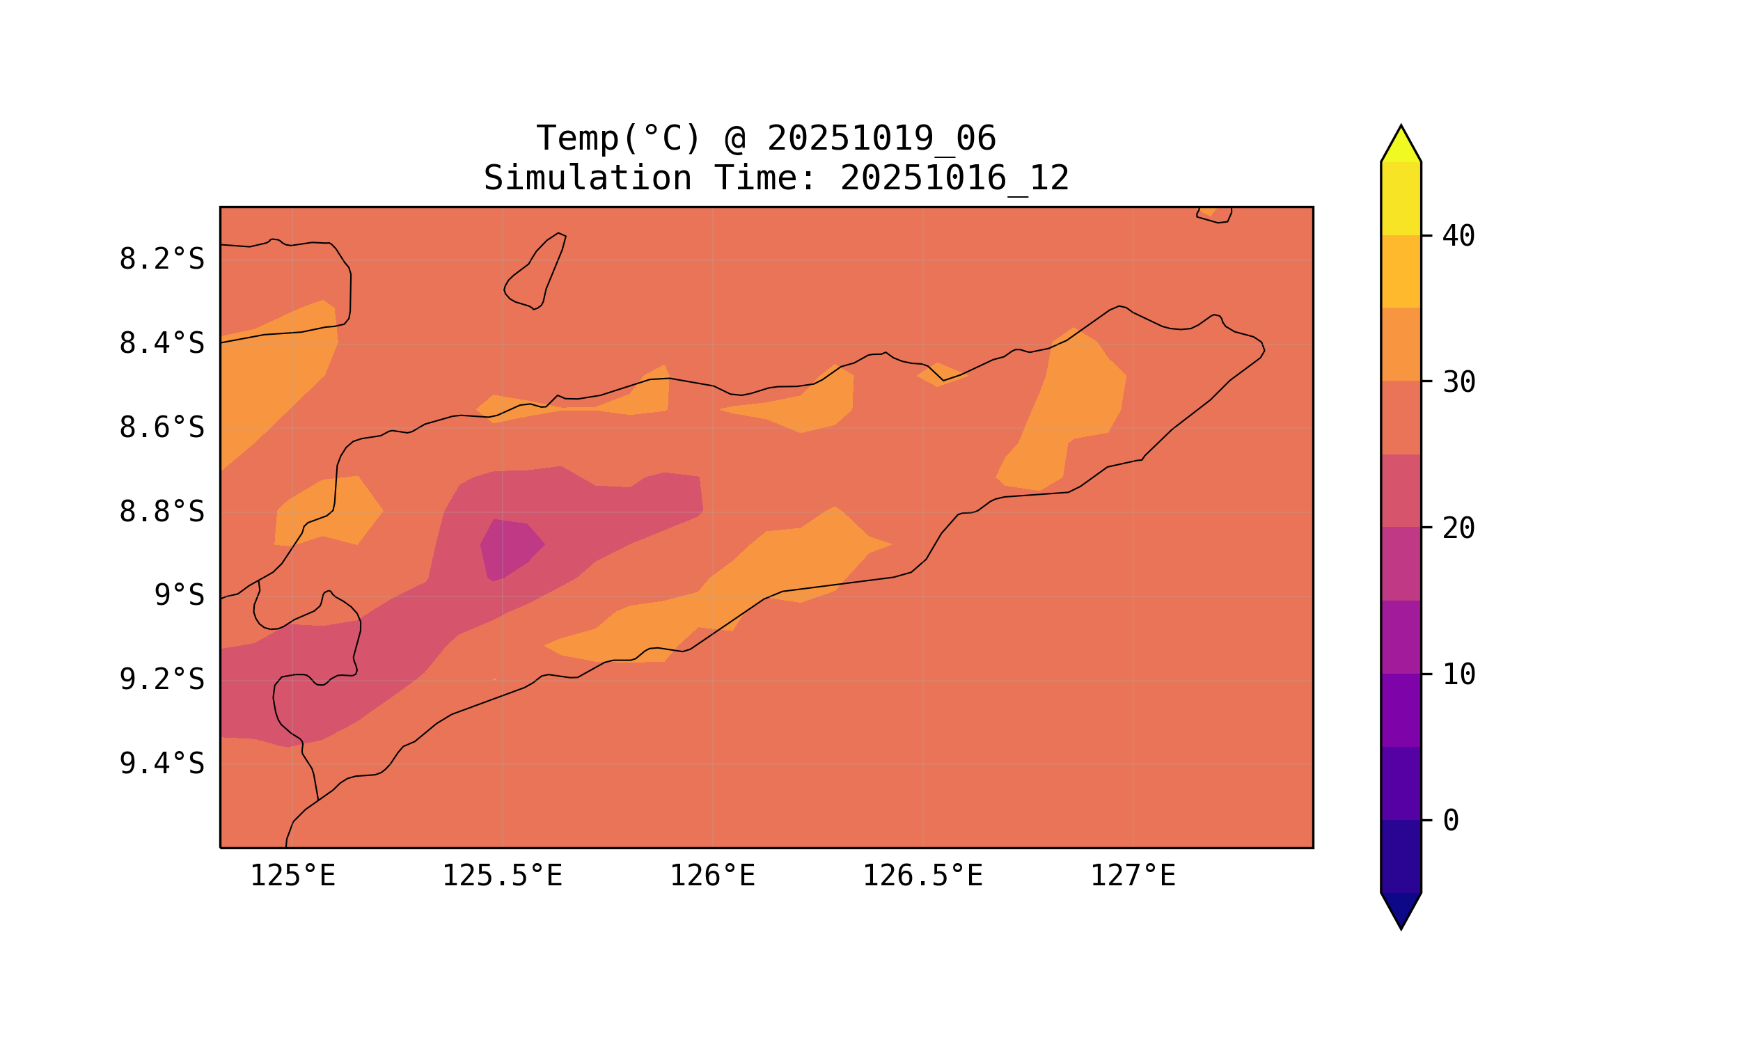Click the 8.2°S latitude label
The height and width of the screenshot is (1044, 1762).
161,260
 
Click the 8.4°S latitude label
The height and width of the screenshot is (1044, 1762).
161,344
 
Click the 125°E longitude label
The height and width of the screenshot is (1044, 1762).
292,876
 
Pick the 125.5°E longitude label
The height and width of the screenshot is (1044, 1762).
502,876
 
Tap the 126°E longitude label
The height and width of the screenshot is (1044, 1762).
712,876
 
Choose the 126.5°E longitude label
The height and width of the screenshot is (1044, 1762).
922,876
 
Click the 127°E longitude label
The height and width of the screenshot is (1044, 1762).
1132,876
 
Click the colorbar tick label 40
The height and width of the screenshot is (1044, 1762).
1458,237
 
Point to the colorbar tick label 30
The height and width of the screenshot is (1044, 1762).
1458,383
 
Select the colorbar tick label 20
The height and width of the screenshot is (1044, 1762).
1458,528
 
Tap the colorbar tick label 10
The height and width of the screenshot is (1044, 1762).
1458,674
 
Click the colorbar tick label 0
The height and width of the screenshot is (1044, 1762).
1450,821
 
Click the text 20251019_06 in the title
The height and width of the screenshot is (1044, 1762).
881,139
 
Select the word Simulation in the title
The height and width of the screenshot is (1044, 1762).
587,179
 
